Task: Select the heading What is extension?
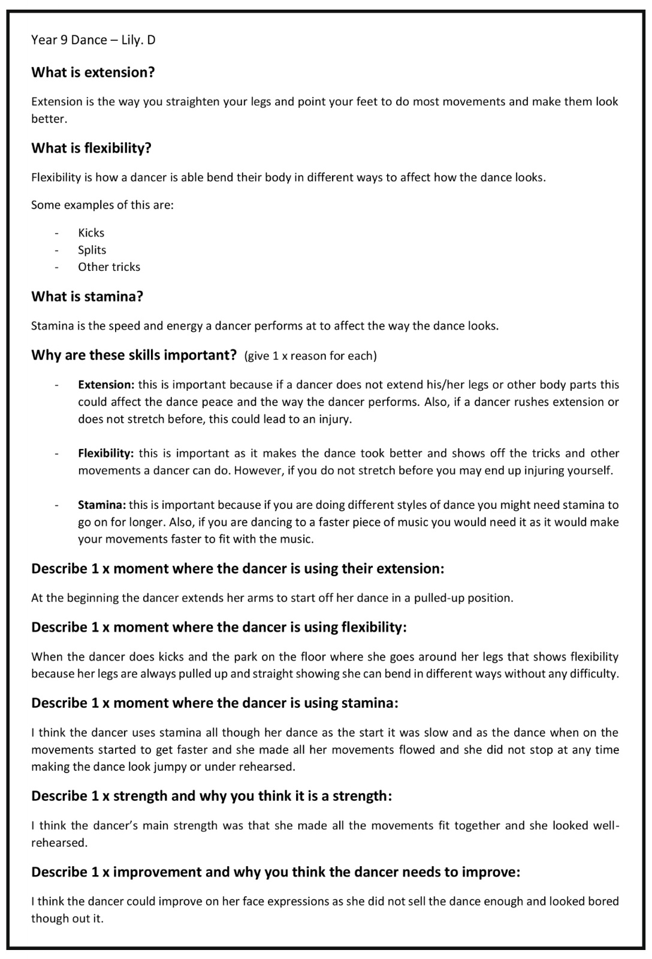[x=93, y=73]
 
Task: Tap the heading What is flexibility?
[x=91, y=148]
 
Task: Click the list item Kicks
[x=91, y=233]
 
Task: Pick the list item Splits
[x=92, y=250]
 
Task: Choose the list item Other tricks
[x=109, y=267]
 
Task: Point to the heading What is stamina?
[x=87, y=297]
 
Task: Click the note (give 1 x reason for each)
[x=310, y=356]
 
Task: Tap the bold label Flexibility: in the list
[x=105, y=453]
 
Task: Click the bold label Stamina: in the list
[x=101, y=505]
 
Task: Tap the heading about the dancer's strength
[x=212, y=796]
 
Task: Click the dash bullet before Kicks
[x=56, y=233]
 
